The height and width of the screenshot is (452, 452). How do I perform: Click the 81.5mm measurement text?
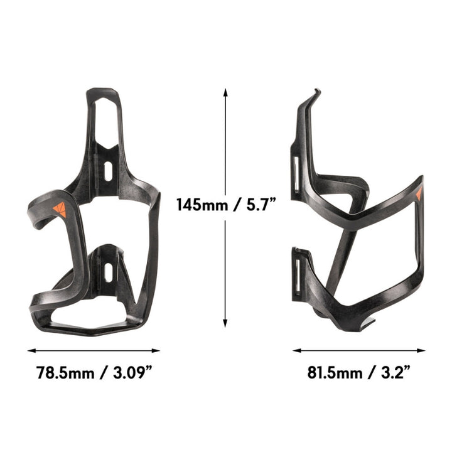[x=335, y=372]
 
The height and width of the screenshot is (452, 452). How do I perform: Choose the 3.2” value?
[x=394, y=372]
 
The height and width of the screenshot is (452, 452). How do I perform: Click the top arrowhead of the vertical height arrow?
[x=225, y=90]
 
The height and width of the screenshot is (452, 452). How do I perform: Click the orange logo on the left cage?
[x=60, y=210]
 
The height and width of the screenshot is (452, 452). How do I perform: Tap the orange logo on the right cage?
[x=419, y=195]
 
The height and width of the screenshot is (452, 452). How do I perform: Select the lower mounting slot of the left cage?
[x=108, y=271]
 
